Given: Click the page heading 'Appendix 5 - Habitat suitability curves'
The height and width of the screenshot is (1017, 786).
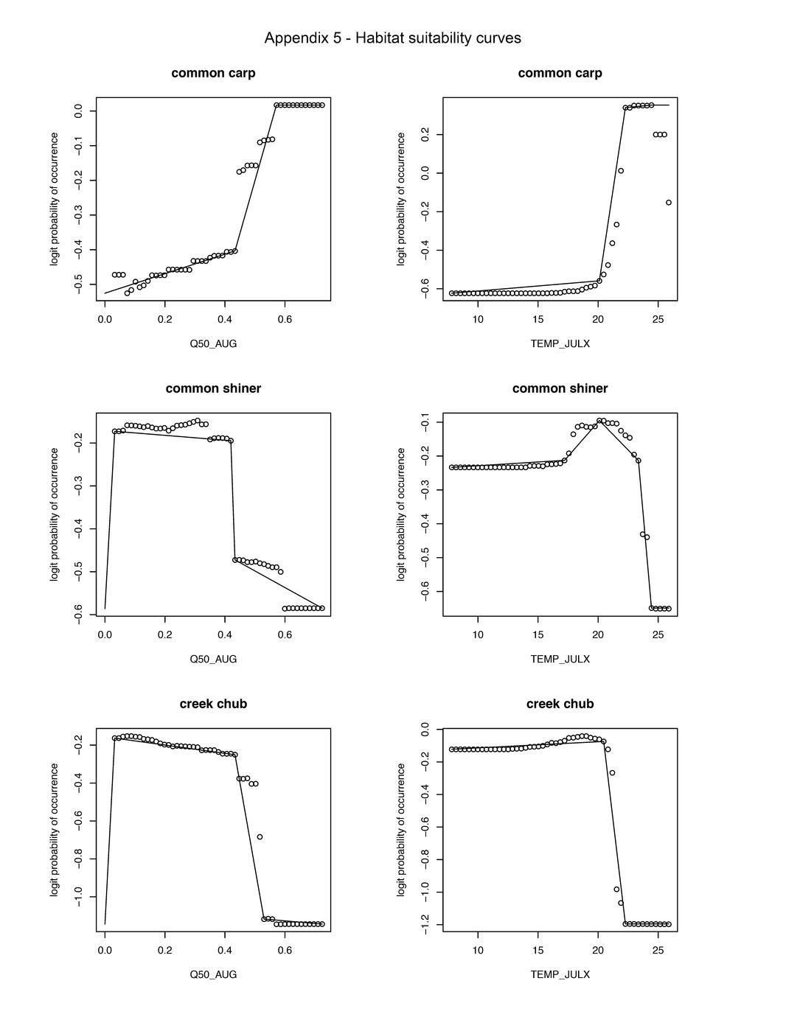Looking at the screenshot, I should click(392, 38).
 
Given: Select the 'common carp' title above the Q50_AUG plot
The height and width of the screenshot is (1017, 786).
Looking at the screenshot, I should click(213, 73).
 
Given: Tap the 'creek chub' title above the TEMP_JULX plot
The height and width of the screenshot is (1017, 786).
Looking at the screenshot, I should click(560, 704).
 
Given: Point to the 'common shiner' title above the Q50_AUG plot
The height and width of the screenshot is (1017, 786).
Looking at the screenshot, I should click(213, 388).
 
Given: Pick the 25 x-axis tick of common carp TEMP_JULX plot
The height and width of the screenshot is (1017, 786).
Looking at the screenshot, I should click(658, 319).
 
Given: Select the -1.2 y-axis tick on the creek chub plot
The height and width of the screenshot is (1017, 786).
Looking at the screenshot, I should click(425, 924).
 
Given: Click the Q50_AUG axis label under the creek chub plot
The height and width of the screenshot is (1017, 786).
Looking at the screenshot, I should click(213, 974).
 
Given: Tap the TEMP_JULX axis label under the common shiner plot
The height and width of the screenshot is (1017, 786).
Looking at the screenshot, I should click(560, 659).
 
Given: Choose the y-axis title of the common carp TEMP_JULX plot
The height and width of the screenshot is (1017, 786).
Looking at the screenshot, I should click(401, 199).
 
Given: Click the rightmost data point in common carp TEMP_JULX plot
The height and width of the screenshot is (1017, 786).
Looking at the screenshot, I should click(669, 203).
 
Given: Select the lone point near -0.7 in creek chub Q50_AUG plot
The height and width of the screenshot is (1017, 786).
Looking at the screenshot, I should click(260, 837).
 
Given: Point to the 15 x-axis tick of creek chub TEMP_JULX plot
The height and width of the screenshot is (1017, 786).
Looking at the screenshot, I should click(538, 950).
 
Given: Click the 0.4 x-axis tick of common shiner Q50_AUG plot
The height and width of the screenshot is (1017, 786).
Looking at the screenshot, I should click(224, 635).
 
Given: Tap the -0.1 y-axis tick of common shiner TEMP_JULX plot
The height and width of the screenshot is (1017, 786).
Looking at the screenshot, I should click(425, 422).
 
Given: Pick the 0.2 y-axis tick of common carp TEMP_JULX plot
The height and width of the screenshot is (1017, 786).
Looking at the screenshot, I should click(425, 135).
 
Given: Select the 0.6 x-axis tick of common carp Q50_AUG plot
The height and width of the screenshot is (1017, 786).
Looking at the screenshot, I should click(285, 319).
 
